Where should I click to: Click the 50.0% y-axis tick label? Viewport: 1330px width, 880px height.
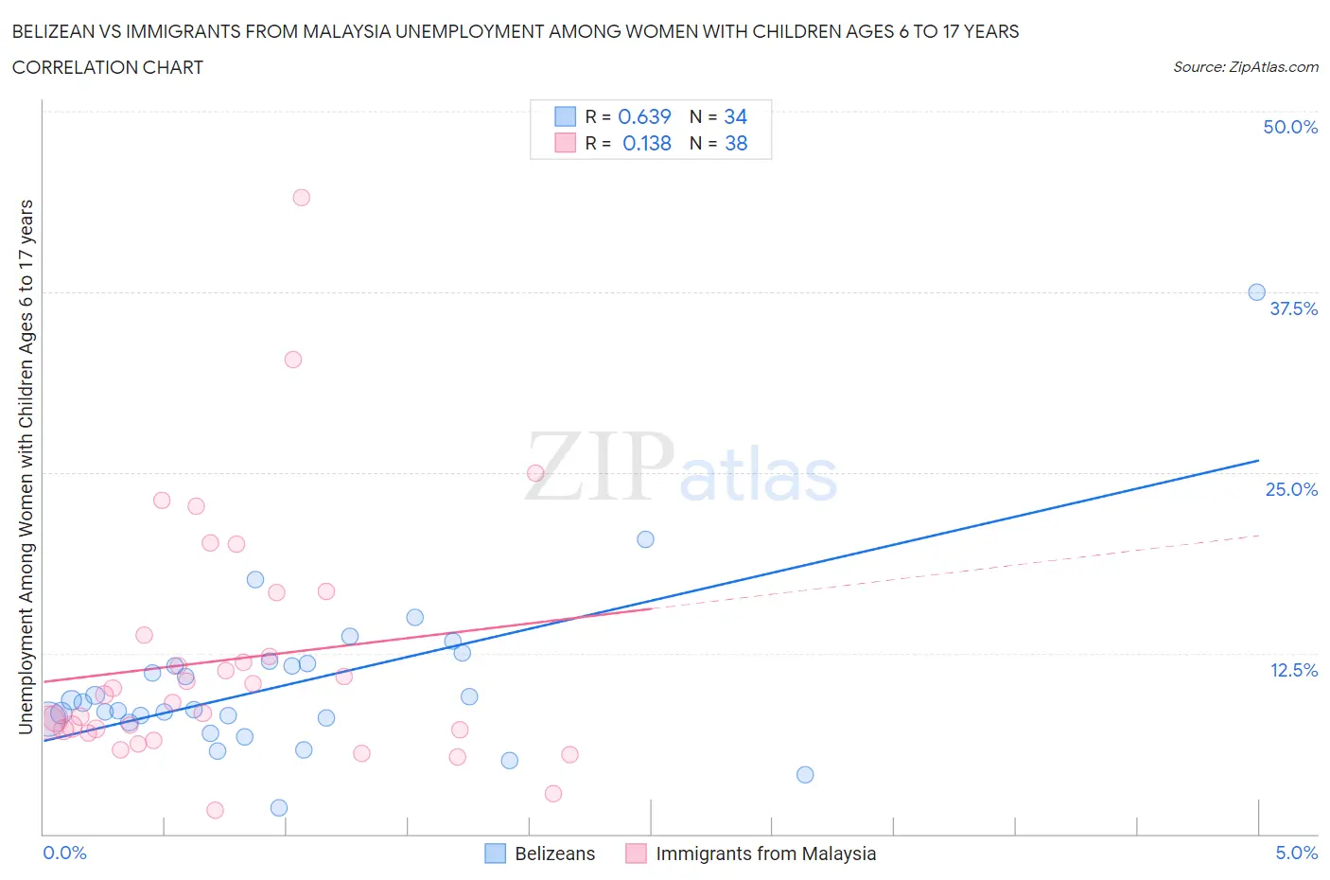pyautogui.click(x=1290, y=127)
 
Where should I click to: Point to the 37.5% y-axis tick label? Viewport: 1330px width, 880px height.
pyautogui.click(x=1293, y=308)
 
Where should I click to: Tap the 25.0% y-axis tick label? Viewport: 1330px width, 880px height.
pyautogui.click(x=1291, y=489)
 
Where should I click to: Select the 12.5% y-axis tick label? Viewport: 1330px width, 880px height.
pyautogui.click(x=1293, y=670)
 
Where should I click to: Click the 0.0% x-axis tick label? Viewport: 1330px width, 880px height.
pyautogui.click(x=64, y=853)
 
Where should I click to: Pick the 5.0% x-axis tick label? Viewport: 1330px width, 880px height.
pyautogui.click(x=1296, y=853)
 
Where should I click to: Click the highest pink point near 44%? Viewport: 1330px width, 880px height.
pyautogui.click(x=302, y=198)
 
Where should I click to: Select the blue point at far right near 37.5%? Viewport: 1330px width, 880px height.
pyautogui.click(x=1256, y=292)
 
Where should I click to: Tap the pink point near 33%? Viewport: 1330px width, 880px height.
pyautogui.click(x=293, y=360)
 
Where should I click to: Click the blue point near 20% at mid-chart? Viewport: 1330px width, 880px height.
pyautogui.click(x=645, y=539)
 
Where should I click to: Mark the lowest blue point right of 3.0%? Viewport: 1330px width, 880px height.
pyautogui.click(x=805, y=775)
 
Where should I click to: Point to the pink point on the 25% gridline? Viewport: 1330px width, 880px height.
pyautogui.click(x=535, y=473)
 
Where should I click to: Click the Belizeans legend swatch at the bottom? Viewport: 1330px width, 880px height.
pyautogui.click(x=495, y=854)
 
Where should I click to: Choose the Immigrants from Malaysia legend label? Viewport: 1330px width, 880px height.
pyautogui.click(x=765, y=854)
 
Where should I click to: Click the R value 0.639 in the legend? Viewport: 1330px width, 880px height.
pyautogui.click(x=644, y=116)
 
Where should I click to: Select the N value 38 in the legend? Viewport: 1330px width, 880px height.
pyautogui.click(x=735, y=144)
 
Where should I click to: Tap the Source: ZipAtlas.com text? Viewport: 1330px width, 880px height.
pyautogui.click(x=1245, y=67)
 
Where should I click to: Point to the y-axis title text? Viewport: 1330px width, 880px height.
pyautogui.click(x=26, y=466)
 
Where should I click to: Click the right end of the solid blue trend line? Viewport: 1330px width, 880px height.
pyautogui.click(x=1258, y=461)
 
